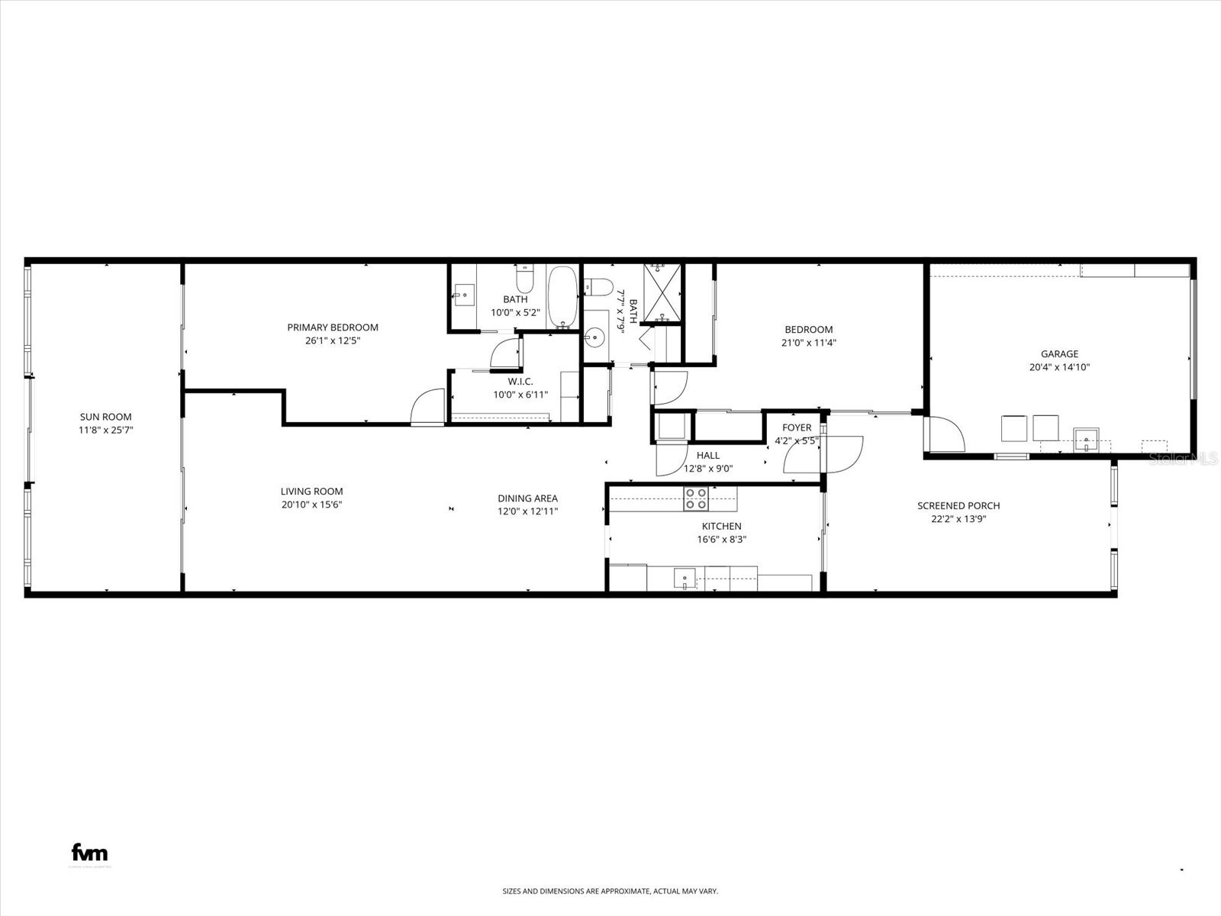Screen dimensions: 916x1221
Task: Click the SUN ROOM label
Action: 105,417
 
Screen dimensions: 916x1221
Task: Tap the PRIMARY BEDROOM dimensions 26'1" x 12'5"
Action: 332,341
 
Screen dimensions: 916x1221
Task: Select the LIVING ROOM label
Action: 311,492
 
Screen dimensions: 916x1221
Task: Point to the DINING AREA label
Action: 527,498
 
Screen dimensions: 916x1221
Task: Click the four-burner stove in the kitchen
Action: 695,498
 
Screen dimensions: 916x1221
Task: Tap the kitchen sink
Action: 685,579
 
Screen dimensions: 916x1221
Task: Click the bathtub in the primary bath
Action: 562,297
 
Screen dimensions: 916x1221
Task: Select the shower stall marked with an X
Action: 662,294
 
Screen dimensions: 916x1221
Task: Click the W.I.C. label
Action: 520,382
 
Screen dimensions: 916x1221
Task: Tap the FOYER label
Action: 797,427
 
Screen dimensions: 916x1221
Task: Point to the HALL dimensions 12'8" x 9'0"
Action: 707,469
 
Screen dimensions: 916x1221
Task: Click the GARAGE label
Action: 1059,354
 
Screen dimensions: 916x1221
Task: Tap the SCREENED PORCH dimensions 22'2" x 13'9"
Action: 958,519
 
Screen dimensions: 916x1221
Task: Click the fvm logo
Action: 89,853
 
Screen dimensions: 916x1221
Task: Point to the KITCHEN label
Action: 721,526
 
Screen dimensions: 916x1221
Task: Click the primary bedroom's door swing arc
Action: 427,407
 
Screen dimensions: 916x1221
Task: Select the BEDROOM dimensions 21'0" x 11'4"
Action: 809,343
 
